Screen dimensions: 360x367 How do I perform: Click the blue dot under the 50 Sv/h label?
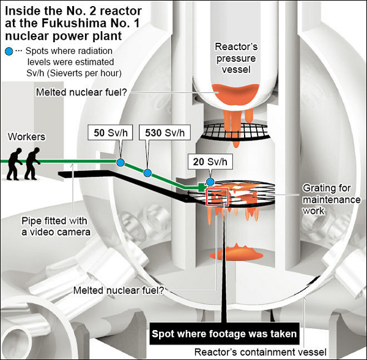(x=120, y=162)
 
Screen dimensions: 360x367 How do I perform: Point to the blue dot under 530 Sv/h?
(x=147, y=173)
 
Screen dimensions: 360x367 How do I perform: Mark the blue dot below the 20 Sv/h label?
(x=210, y=182)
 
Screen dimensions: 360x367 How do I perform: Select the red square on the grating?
(x=218, y=197)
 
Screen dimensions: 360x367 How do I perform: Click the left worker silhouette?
(x=13, y=164)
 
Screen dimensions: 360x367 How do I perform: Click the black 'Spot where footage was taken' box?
(x=225, y=334)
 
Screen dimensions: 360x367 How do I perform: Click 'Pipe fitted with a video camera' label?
(x=57, y=226)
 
